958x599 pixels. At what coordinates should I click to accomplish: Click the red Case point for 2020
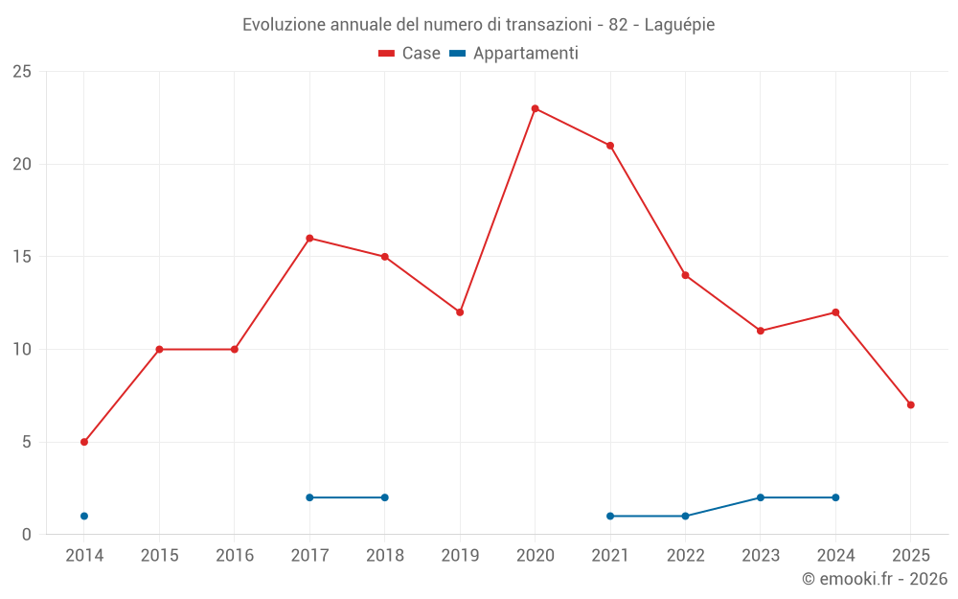point(535,108)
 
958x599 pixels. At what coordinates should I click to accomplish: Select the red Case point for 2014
point(84,442)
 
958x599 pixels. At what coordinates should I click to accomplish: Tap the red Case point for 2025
point(910,404)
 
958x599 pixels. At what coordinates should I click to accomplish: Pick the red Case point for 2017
point(309,238)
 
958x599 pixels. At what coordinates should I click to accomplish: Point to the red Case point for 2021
point(610,146)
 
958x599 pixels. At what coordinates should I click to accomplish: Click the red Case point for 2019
point(460,312)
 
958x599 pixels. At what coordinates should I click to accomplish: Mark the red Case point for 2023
point(761,331)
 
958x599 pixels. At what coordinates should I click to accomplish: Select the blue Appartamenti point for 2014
point(84,516)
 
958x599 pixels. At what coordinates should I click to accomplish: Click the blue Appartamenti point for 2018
point(384,497)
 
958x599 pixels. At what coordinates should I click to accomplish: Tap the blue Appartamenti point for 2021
point(610,516)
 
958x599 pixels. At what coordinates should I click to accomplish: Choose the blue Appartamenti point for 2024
point(835,497)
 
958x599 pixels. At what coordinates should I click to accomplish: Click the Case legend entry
point(409,54)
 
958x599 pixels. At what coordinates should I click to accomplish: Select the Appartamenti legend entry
point(514,54)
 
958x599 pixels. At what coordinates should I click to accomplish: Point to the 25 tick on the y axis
point(21,72)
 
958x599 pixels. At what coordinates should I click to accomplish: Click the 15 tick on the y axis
point(21,257)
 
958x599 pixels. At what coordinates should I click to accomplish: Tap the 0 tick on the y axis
point(26,535)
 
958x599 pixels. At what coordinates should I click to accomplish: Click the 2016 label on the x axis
point(235,556)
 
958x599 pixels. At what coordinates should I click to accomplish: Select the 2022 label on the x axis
point(685,556)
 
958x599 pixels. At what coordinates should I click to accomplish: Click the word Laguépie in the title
point(680,25)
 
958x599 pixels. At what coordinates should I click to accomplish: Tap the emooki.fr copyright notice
point(874,579)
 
